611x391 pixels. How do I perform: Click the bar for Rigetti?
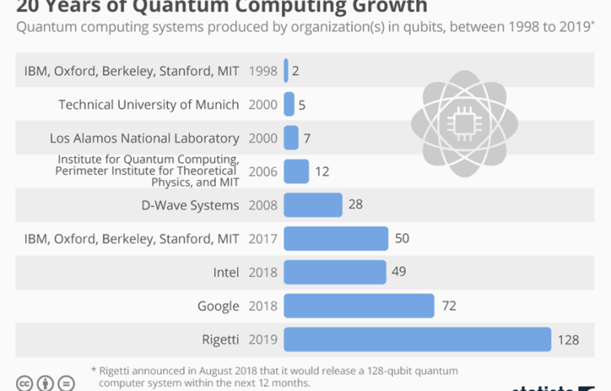point(417,340)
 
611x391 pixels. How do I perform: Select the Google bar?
point(358,306)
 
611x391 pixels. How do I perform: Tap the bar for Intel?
point(335,272)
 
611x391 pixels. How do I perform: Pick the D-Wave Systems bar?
point(313,205)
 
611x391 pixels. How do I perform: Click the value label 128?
point(568,340)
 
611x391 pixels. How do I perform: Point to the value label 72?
point(448,306)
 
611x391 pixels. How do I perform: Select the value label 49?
point(398,272)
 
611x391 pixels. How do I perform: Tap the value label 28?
point(355,205)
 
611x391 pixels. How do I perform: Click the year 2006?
point(263,172)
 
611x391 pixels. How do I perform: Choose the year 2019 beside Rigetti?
point(263,340)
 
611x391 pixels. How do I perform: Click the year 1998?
point(263,71)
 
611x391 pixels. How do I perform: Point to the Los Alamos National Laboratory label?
point(144,138)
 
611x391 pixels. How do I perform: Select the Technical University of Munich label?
point(149,104)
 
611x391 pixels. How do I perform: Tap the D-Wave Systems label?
point(190,205)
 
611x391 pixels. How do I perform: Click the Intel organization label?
point(225,272)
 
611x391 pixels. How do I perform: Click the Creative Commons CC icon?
point(25,383)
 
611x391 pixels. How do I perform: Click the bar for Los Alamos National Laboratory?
point(291,138)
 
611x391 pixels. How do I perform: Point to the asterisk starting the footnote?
point(94,368)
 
